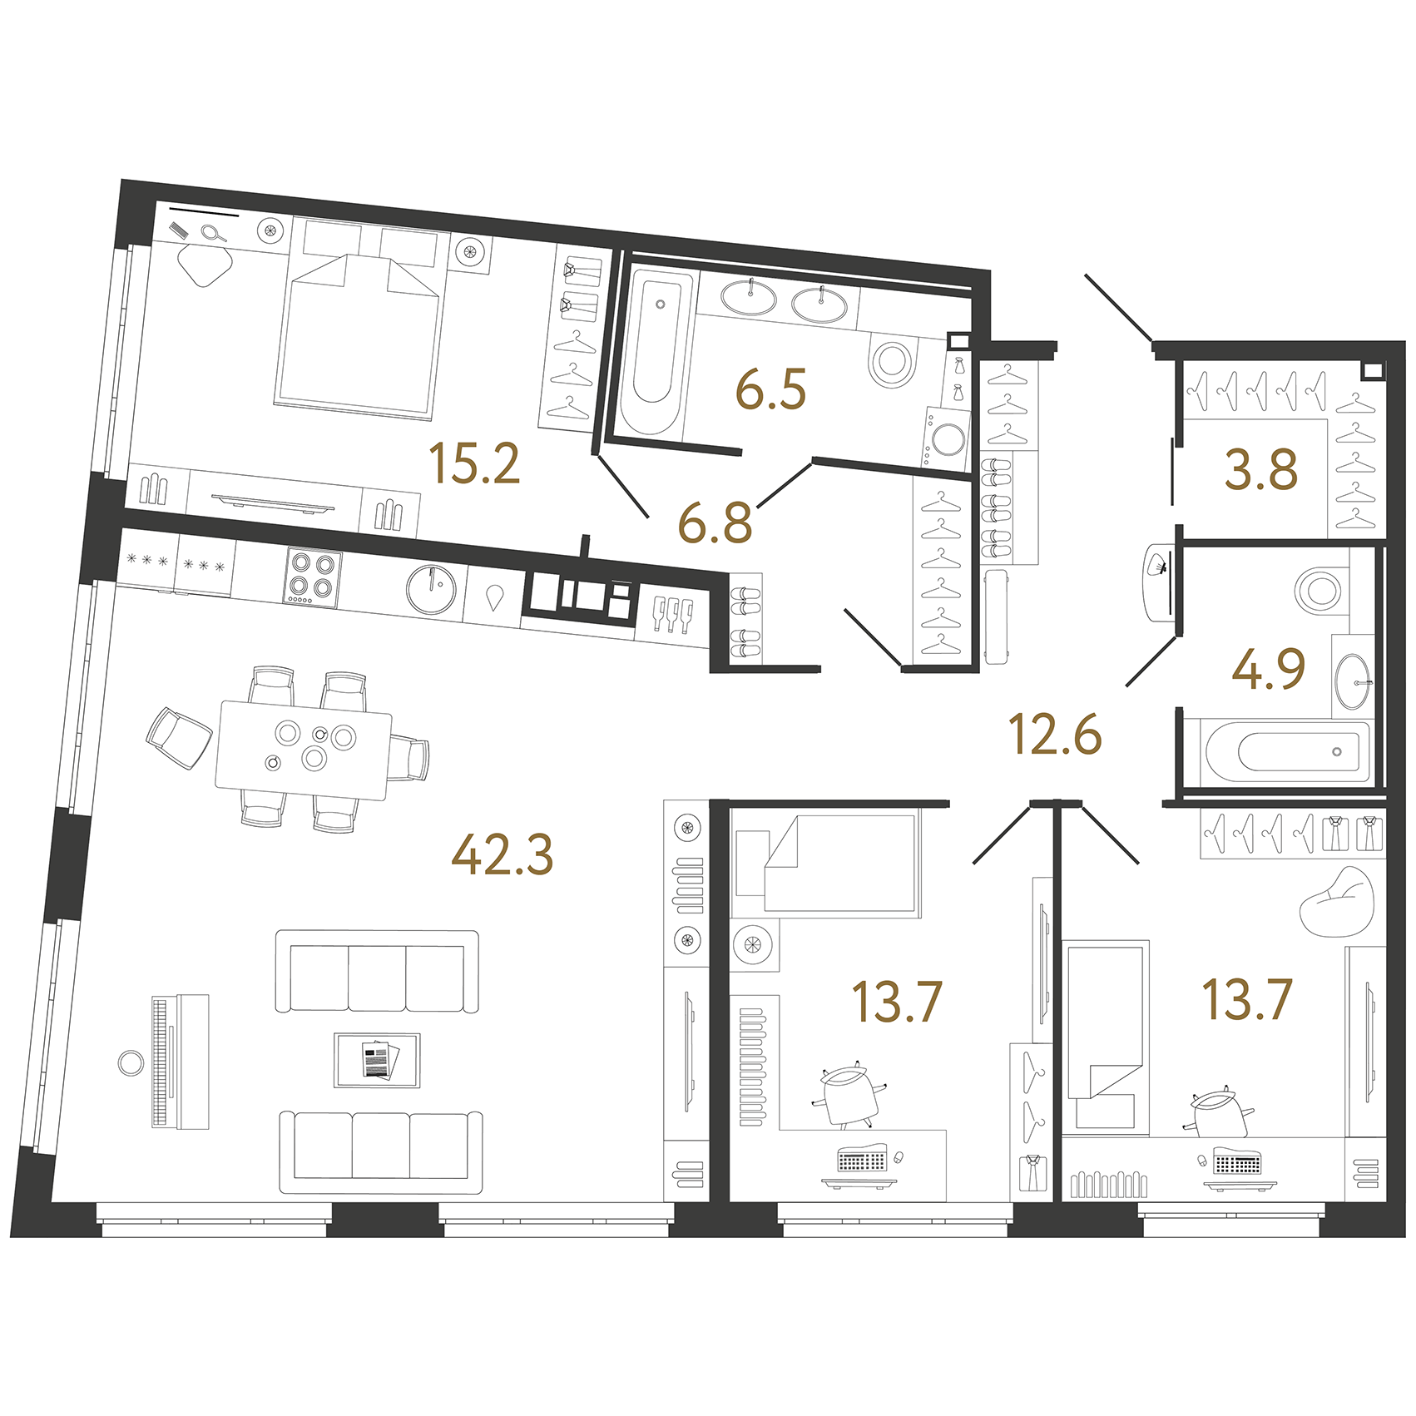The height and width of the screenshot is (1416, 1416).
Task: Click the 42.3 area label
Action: click(502, 854)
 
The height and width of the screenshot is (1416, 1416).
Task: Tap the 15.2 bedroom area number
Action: click(474, 463)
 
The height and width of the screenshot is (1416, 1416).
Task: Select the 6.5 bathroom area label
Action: click(771, 390)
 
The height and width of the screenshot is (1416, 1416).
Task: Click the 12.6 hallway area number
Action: click(1055, 734)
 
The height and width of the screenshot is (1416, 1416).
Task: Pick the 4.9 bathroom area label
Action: click(1268, 670)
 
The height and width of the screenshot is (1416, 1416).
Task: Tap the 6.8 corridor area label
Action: click(715, 523)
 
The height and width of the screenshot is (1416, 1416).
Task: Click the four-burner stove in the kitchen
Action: click(313, 577)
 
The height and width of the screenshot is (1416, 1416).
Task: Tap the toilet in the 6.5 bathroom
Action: click(892, 361)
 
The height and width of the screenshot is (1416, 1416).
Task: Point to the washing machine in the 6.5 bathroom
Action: click(947, 438)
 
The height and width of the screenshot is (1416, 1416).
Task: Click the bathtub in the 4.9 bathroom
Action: click(1285, 751)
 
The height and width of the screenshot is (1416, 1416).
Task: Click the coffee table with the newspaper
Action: click(377, 1060)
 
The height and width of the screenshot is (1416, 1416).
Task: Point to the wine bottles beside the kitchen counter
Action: click(673, 615)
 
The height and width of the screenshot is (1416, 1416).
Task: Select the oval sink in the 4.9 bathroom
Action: click(1353, 681)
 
